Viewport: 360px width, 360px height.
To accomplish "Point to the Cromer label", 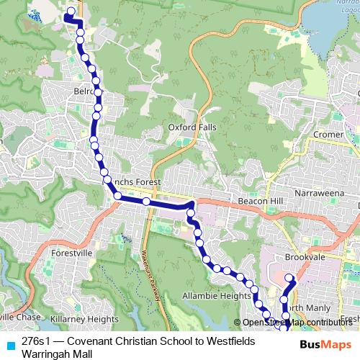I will coord(328,135).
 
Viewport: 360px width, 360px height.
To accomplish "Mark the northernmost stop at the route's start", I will coord(71,12).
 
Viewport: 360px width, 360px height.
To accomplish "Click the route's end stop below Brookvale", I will coord(289,278).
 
